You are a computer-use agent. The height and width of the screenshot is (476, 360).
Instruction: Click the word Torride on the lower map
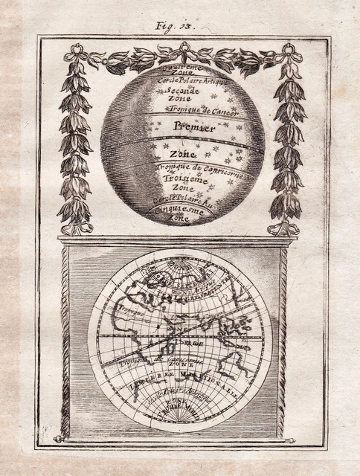(192, 343)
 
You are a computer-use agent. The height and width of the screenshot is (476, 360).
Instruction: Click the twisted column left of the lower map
(65, 342)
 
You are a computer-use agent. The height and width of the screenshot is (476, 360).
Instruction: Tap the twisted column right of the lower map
(282, 342)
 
